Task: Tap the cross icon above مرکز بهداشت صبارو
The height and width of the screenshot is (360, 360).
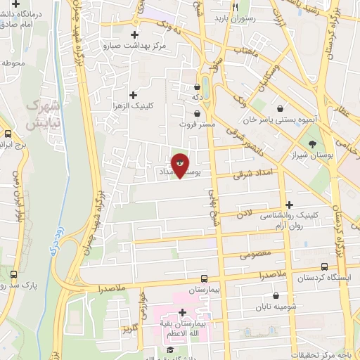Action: point(134,34)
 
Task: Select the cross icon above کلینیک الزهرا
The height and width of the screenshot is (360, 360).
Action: point(132,94)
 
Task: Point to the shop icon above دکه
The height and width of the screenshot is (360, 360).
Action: point(197,87)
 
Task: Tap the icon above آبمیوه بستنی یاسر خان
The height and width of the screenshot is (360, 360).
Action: point(281,108)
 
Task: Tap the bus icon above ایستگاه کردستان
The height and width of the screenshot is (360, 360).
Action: point(324,267)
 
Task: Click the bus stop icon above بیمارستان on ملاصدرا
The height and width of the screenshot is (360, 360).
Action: point(203,278)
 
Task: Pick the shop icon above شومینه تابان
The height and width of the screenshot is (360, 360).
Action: point(276,296)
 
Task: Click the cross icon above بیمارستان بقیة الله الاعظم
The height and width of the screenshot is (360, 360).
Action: point(182,312)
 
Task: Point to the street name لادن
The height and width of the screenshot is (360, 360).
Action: point(243,212)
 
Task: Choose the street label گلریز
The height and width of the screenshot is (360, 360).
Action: point(130,328)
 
